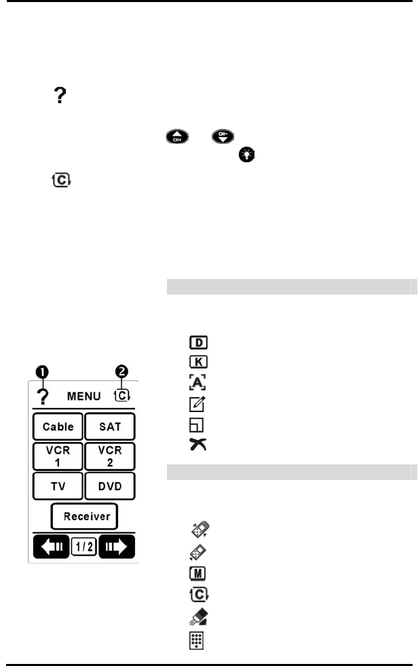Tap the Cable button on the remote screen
click(x=58, y=427)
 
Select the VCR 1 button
click(x=58, y=456)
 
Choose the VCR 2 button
click(x=110, y=456)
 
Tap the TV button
click(x=58, y=486)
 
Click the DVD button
click(x=110, y=486)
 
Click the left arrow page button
click(x=51, y=547)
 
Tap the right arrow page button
click(x=117, y=547)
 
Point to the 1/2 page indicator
click(x=84, y=547)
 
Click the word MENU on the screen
click(x=83, y=395)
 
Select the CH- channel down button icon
click(x=223, y=138)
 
